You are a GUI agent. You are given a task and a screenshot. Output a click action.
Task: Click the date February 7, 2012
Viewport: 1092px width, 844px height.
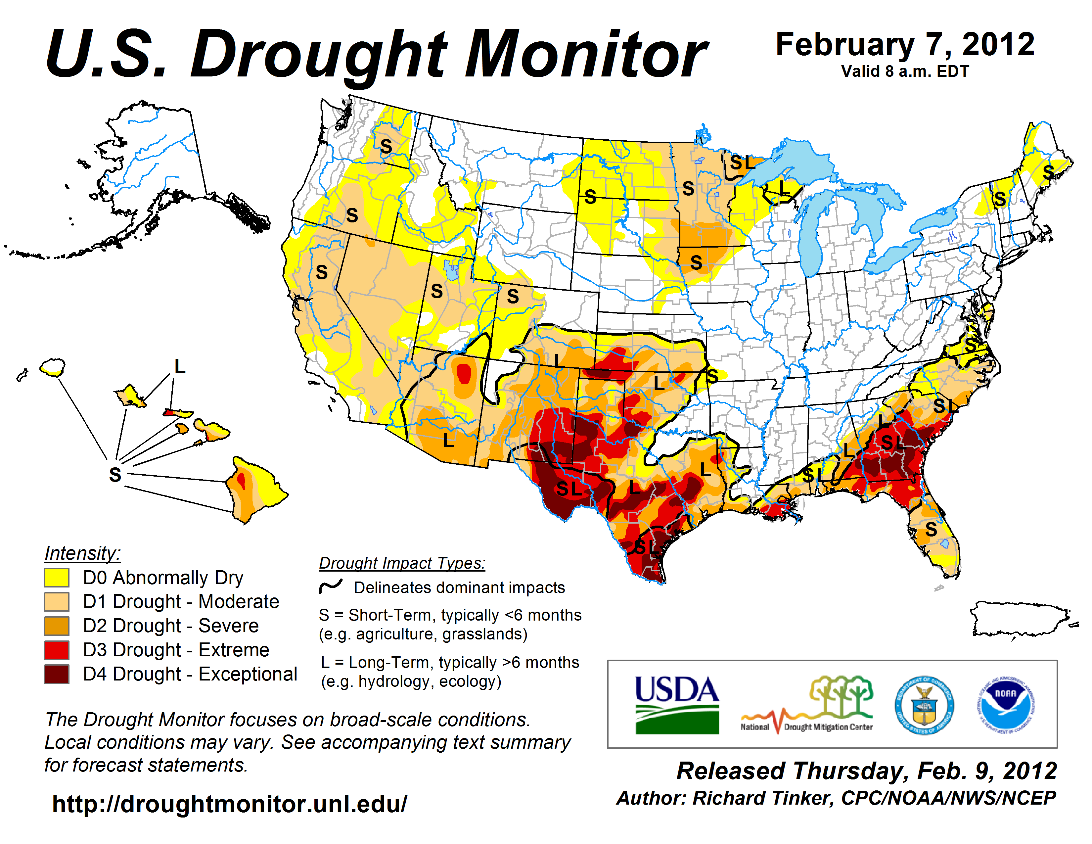(905, 45)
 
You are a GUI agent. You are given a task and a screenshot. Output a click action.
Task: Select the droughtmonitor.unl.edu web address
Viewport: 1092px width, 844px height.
(230, 804)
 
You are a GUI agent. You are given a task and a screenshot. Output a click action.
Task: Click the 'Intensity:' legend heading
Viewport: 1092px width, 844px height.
(82, 553)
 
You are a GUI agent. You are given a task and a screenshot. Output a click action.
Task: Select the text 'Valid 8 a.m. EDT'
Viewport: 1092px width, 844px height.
(905, 71)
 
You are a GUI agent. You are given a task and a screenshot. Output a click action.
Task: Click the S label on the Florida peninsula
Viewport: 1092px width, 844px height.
(931, 529)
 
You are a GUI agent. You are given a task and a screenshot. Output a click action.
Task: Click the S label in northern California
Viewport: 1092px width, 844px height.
(322, 272)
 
